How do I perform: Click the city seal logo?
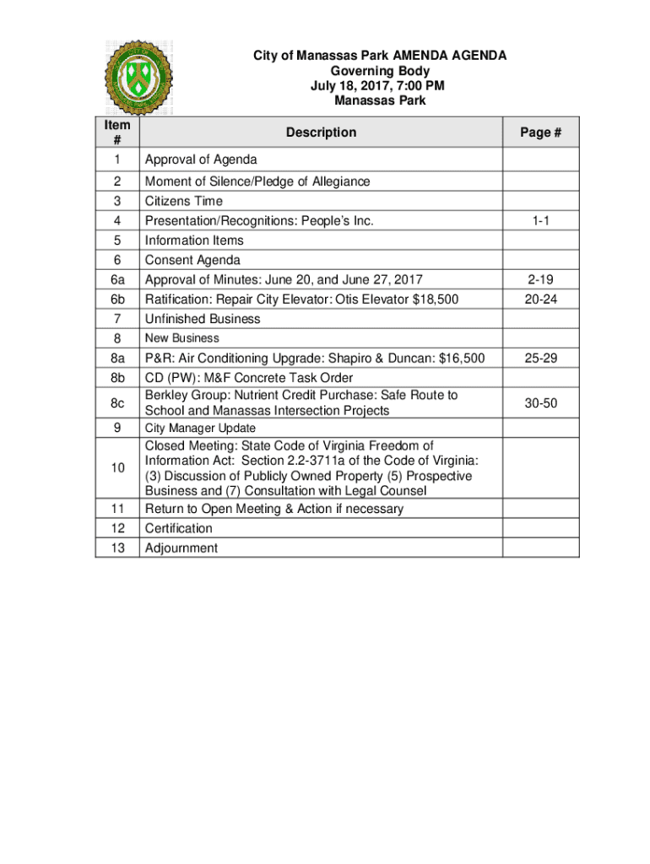point(138,78)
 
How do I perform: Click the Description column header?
point(321,132)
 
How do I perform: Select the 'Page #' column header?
point(541,132)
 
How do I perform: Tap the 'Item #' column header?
point(117,132)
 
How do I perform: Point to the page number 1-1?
point(541,221)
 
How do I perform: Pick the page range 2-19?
point(541,280)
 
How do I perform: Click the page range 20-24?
point(541,300)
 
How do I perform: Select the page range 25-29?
point(541,359)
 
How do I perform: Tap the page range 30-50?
point(541,403)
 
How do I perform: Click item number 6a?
point(117,280)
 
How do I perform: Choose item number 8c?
point(117,403)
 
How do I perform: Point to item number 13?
point(117,548)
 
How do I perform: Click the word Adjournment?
point(181,548)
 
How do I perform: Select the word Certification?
point(179,529)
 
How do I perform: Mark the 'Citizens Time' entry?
point(184,202)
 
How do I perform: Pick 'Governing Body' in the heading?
point(380,71)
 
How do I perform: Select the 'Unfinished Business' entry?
point(203,319)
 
